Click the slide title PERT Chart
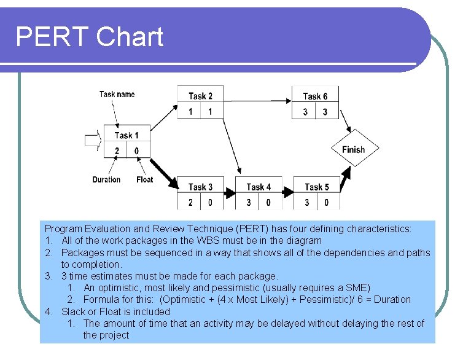pos(89,37)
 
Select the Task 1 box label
pos(127,135)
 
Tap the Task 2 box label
pos(200,96)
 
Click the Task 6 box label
pos(315,96)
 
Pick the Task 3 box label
pos(200,187)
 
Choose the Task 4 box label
pos(258,187)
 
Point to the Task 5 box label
pos(316,187)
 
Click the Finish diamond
pos(353,149)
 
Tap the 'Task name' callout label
pos(117,94)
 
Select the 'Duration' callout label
pos(106,179)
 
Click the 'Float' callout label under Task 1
pos(144,179)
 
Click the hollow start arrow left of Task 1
pos(91,141)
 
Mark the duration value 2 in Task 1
pos(117,151)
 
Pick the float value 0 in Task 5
pos(326,202)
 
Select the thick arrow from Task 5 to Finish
pos(345,176)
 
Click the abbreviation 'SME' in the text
pos(358,288)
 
